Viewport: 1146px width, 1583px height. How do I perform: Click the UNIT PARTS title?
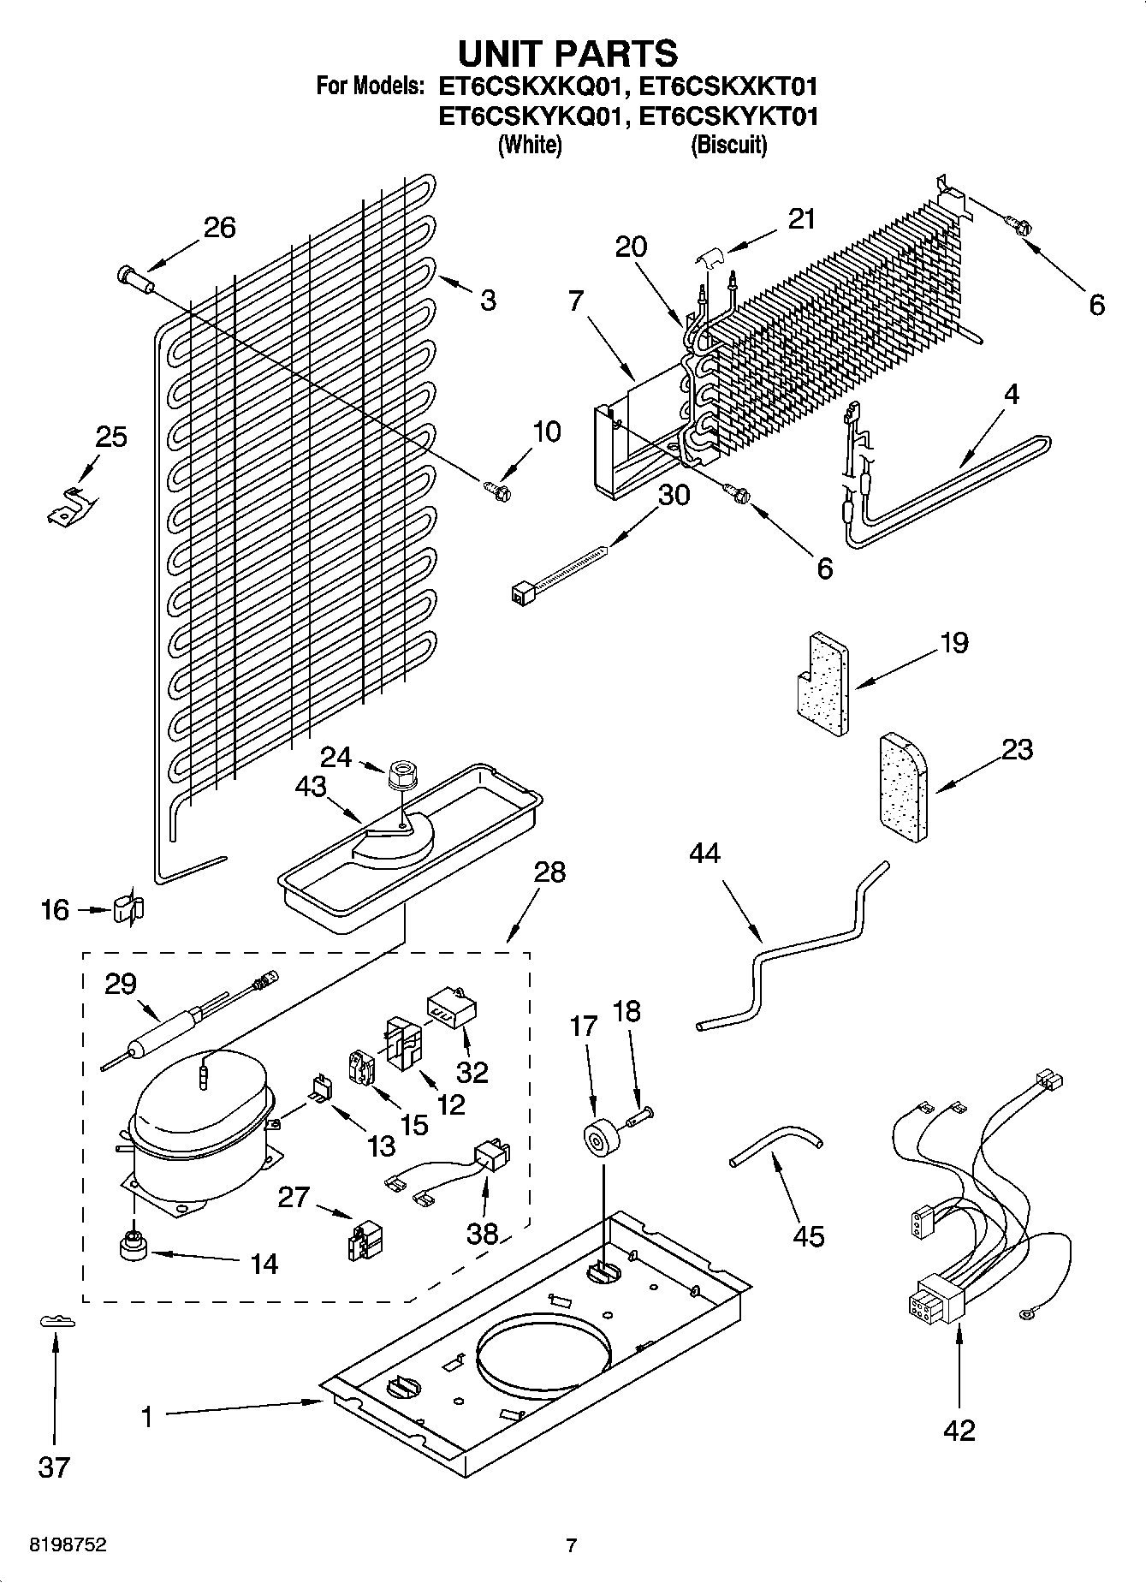point(568,53)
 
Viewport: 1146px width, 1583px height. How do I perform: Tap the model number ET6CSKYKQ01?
point(527,116)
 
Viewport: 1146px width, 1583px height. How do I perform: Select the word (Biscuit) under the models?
point(728,145)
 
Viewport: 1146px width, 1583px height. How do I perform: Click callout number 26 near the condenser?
point(219,228)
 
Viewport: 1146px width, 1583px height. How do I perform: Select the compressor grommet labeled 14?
point(134,1247)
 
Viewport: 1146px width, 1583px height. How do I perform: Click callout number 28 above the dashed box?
point(549,872)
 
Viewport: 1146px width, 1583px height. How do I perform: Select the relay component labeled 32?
point(451,1010)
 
